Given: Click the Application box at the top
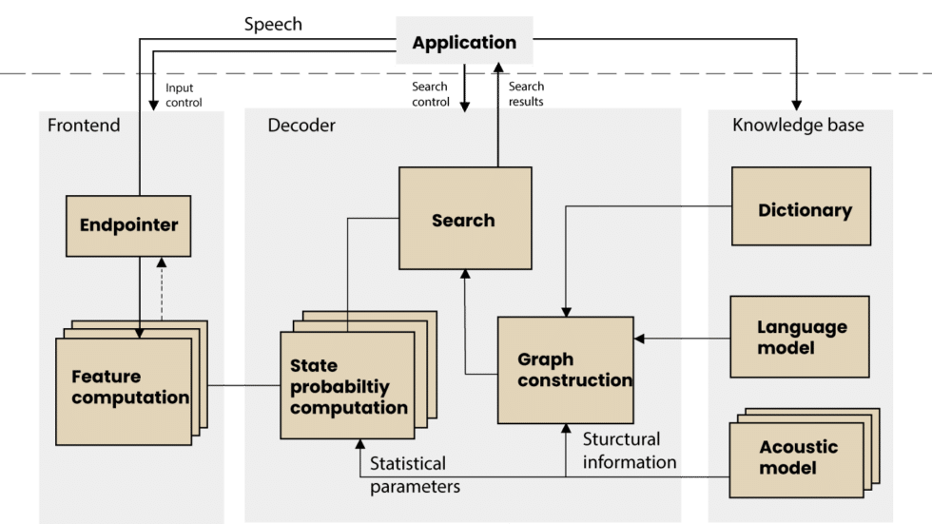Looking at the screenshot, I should click(x=464, y=42).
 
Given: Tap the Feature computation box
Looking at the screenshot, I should click(x=129, y=386).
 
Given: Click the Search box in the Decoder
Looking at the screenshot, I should click(x=463, y=220).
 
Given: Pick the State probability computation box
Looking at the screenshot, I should click(x=348, y=386).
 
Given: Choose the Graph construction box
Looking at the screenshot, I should click(x=565, y=370).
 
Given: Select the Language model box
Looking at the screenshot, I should click(x=800, y=337).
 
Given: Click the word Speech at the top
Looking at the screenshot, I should click(x=273, y=25).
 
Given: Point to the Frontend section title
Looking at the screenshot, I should click(x=84, y=126).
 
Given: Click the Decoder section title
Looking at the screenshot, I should click(x=301, y=126).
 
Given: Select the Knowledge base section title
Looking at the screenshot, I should click(x=797, y=126).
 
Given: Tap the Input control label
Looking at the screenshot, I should click(x=184, y=93).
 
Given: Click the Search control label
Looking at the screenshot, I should click(x=430, y=93).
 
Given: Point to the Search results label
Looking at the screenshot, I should click(x=526, y=93).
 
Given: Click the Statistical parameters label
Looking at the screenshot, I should click(x=415, y=475).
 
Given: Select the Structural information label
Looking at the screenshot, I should click(x=629, y=451).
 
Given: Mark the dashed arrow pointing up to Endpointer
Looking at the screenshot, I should click(x=161, y=290).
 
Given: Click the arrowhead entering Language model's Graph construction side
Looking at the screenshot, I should click(x=640, y=338).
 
